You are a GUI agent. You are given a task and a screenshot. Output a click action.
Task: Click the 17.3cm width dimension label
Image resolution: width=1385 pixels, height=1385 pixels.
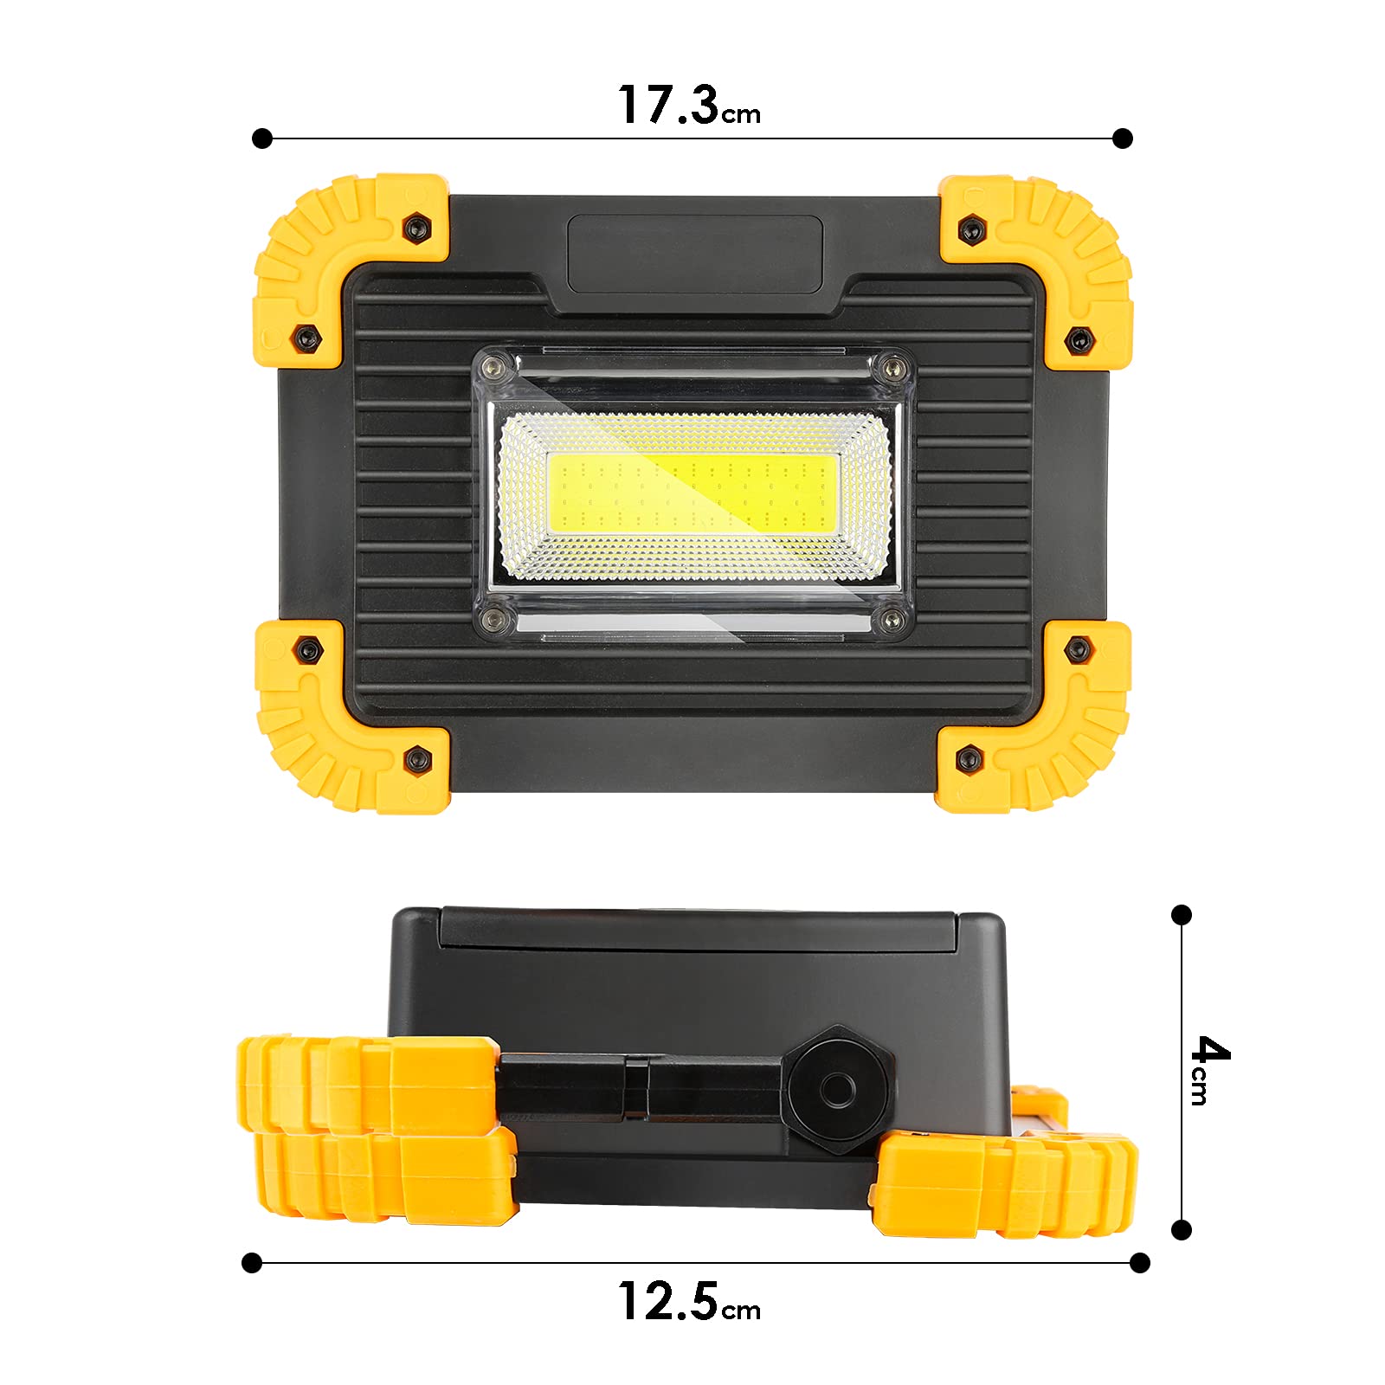coord(688,106)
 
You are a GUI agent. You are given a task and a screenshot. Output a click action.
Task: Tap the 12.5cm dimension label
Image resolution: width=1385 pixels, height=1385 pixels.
coord(688,1302)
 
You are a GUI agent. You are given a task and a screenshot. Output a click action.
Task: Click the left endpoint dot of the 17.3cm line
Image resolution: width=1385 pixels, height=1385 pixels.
coord(262,138)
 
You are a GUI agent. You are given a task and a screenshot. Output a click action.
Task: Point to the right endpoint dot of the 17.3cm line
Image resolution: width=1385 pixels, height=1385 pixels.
coord(1123,138)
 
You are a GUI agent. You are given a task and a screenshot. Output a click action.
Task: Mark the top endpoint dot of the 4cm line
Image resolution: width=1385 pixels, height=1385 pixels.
coord(1182,915)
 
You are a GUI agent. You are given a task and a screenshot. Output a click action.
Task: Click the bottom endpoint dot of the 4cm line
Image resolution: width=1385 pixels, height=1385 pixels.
coord(1182,1229)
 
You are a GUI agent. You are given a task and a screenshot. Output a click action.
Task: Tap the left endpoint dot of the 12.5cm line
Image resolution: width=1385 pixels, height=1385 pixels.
coord(252,1263)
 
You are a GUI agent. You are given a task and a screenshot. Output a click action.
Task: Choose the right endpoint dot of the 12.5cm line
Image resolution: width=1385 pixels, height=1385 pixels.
coord(1140,1263)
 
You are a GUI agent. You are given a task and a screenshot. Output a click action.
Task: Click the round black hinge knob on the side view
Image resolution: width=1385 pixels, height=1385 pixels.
coord(837,1091)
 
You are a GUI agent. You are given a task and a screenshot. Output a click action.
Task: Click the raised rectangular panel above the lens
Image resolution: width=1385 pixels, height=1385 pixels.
coord(694,254)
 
